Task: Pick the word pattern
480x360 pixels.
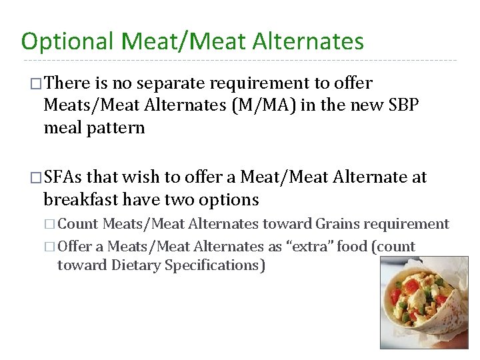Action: click(116, 127)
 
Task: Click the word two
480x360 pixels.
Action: click(184, 199)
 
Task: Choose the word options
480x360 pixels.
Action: click(231, 199)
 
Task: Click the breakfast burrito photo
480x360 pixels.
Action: click(423, 303)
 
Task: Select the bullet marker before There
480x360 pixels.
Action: click(36, 84)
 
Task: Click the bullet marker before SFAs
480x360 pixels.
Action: click(36, 178)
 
